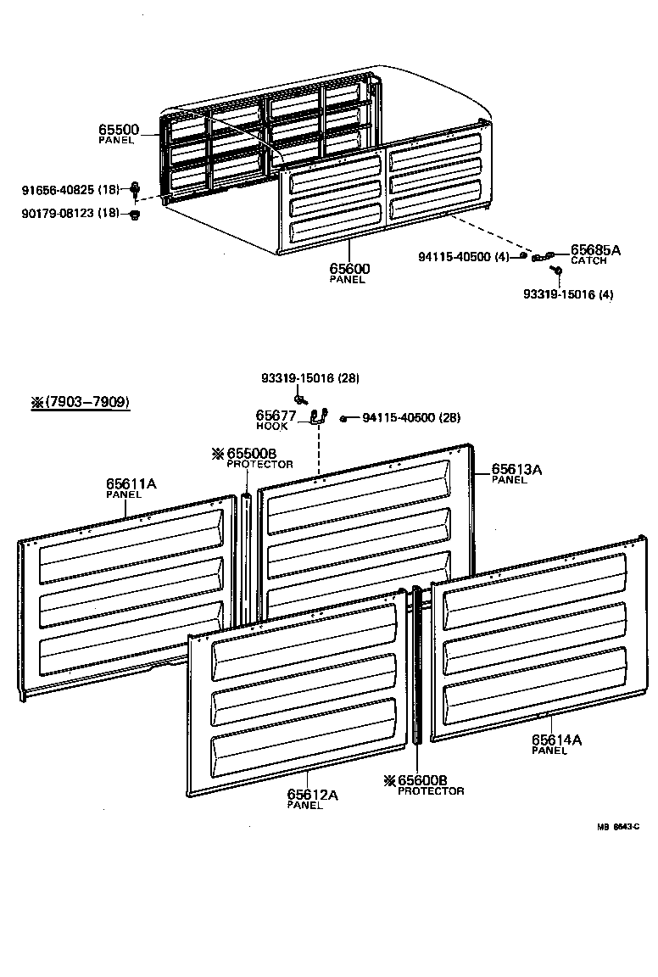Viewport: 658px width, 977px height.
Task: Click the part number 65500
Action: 118,130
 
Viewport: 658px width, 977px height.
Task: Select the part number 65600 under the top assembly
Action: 349,269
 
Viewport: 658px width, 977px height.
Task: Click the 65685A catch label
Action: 595,250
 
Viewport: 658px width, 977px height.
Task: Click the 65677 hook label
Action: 276,416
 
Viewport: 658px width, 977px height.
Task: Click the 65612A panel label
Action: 312,795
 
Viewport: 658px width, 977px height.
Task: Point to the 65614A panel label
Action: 556,740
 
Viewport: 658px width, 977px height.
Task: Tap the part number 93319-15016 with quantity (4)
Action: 568,294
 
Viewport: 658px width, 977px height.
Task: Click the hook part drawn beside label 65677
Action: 320,416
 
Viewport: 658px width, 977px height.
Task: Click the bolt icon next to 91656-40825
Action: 135,188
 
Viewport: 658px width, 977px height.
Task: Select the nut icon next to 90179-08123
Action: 135,214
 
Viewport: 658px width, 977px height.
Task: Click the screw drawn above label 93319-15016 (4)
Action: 556,271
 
